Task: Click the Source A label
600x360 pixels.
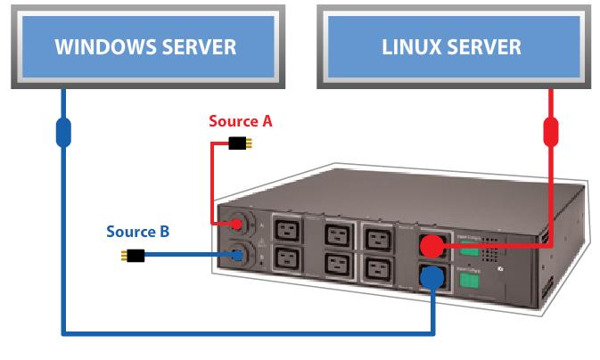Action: tap(240, 121)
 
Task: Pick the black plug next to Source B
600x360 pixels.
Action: tap(133, 256)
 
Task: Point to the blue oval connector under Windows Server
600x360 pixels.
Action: tap(63, 132)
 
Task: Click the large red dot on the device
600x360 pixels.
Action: tap(433, 245)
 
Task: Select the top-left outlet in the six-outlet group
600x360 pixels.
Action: tap(287, 230)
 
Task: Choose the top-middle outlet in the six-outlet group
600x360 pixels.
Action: tap(336, 235)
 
